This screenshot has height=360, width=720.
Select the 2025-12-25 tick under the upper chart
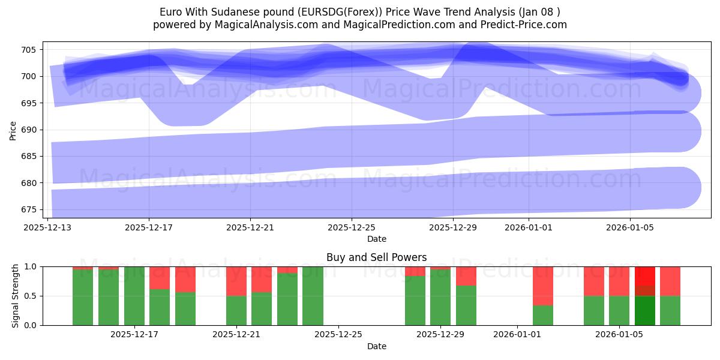click(352, 227)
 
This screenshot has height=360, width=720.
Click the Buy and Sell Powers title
click(376, 257)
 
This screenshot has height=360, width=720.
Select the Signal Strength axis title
click(16, 296)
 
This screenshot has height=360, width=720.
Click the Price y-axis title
click(13, 130)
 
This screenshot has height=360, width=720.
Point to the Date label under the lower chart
click(376, 346)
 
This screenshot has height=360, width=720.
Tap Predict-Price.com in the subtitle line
click(526, 25)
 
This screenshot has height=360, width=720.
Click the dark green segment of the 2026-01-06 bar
click(645, 310)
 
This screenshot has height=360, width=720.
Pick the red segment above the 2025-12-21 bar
click(236, 281)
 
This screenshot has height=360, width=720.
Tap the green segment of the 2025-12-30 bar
click(466, 305)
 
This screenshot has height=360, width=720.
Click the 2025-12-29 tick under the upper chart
click(453, 227)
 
